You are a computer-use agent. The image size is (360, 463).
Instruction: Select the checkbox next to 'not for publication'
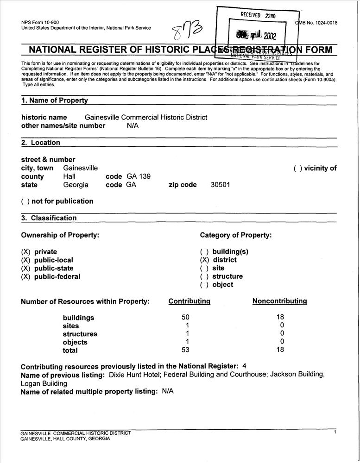tap(25, 201)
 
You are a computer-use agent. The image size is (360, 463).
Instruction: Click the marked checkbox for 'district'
tap(204, 260)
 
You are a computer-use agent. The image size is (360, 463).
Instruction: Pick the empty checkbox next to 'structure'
tap(204, 276)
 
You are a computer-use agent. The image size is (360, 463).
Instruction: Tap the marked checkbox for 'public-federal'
tap(25, 277)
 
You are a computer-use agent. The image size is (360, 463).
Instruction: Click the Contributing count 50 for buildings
tap(186, 317)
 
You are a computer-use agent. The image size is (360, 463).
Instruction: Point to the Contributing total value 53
tap(186, 350)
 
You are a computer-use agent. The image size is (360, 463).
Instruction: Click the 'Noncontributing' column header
tap(279, 301)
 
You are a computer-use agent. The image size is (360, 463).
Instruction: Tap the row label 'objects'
tap(75, 342)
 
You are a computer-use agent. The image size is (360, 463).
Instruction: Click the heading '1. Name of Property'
tap(54, 100)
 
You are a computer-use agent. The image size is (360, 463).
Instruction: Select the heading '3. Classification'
tap(49, 218)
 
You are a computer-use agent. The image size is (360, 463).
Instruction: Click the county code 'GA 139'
tap(138, 176)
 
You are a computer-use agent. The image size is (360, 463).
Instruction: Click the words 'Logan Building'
tap(44, 383)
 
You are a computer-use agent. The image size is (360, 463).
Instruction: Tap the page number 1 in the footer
tap(335, 432)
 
